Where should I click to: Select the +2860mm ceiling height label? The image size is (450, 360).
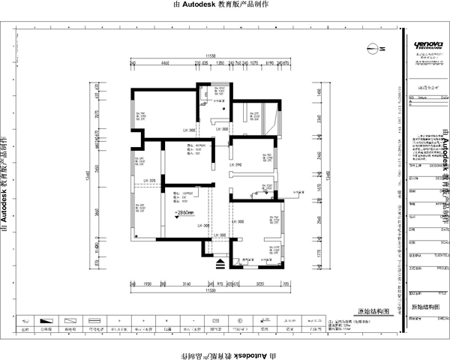coord(184,213)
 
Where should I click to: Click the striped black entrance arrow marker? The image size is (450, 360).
coord(220,263)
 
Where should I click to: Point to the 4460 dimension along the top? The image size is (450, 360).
coord(166,64)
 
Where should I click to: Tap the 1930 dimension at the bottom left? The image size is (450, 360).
coord(148,285)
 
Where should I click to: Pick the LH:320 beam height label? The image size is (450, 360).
coord(148,181)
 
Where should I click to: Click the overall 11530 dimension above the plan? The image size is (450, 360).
coord(211,56)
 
